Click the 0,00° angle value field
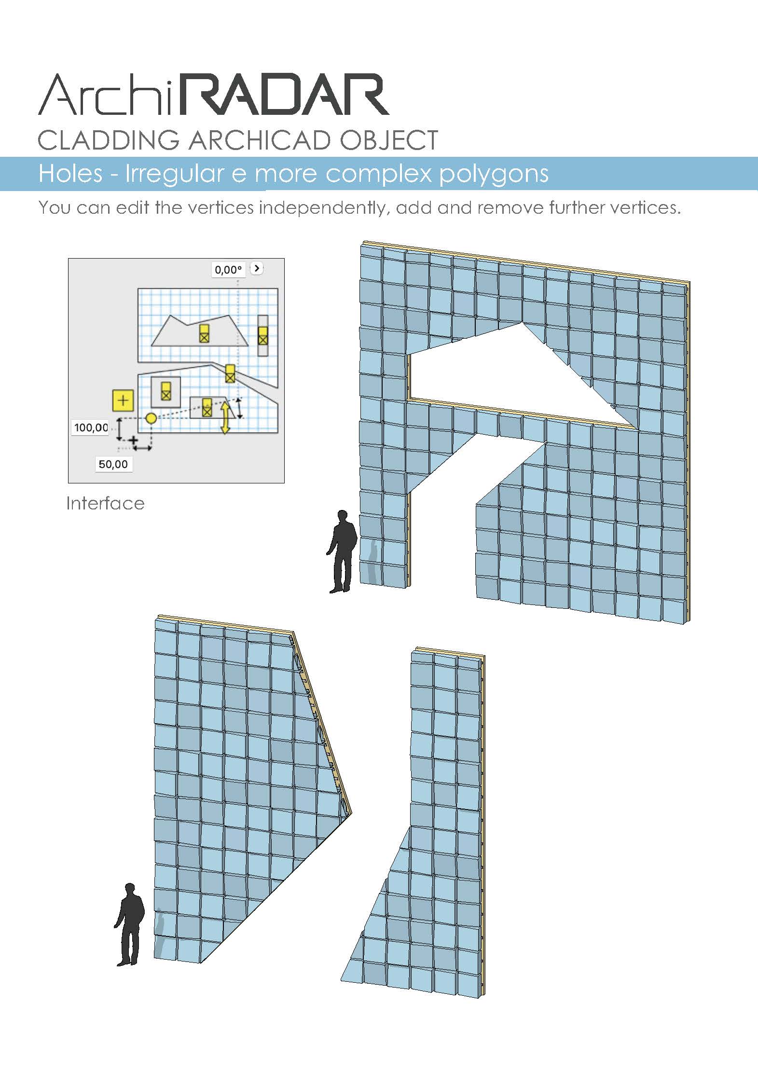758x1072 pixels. pos(228,270)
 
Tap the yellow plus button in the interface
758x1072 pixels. pos(123,400)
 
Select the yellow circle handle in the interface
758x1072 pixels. pos(151,418)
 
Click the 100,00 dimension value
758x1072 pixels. pos(91,427)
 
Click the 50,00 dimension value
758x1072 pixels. pos(113,464)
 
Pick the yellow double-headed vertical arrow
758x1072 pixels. pos(225,418)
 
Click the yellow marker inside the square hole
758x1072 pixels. pos(166,391)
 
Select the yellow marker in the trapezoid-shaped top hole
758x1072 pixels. pos(204,333)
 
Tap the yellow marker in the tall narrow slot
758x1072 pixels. pos(262,336)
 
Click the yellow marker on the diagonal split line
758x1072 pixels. pos(230,373)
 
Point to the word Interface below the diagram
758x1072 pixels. pos(106,504)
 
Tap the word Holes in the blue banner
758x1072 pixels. pos(70,174)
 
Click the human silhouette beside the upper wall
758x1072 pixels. pos(343,551)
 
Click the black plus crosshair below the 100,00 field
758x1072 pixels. pos(133,440)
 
